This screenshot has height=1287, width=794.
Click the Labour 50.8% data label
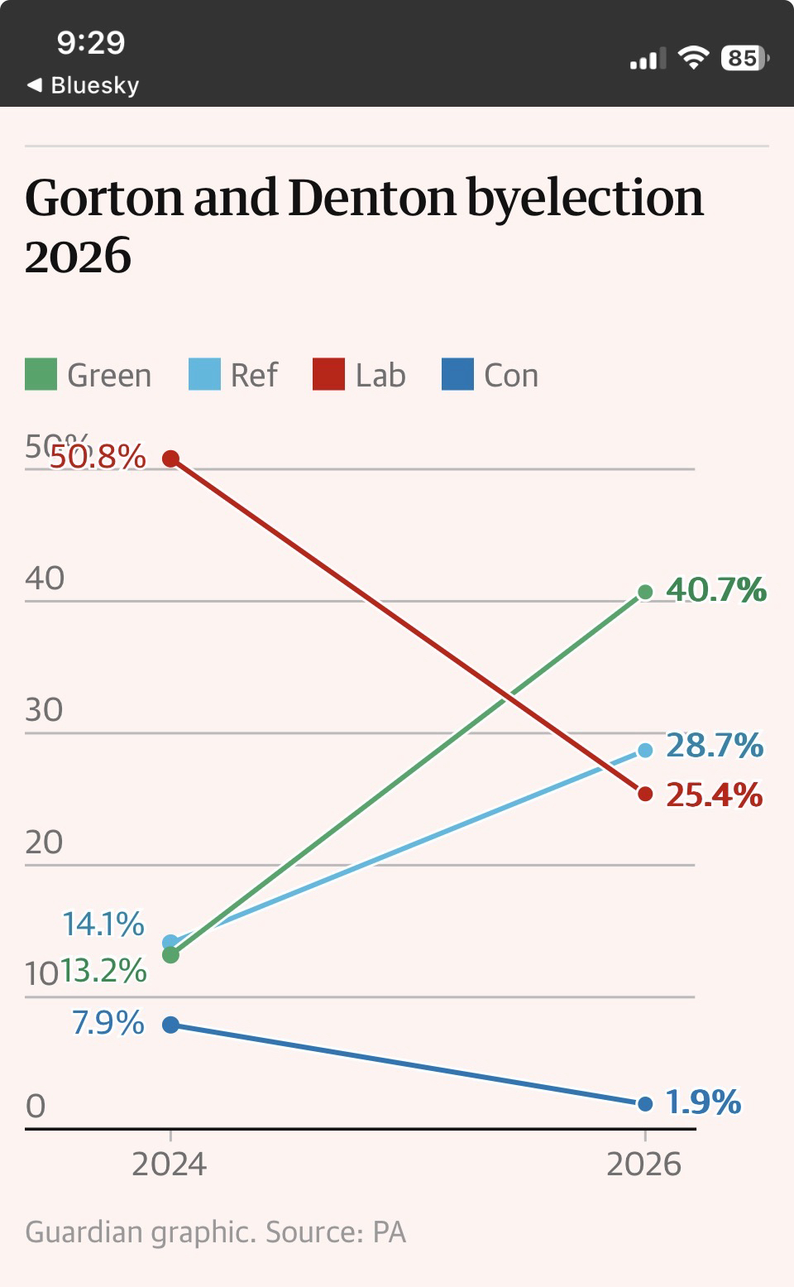point(98,457)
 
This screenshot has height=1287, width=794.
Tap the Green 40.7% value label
point(716,590)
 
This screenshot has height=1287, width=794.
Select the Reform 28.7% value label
point(715,746)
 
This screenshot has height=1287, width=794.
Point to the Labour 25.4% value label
point(715,795)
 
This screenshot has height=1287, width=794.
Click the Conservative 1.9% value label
point(703,1102)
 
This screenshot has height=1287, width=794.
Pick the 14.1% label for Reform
point(103,924)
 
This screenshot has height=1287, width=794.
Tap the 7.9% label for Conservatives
point(108,1023)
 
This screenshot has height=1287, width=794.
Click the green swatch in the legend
point(41,374)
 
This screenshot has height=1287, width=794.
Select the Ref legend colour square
point(204,374)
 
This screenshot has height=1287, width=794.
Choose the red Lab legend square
point(328,374)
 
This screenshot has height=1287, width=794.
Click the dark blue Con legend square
point(457,374)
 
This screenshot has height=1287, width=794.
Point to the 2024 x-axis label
point(170,1165)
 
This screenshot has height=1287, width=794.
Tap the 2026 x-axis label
point(644,1165)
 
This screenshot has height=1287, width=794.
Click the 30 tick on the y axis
point(44,710)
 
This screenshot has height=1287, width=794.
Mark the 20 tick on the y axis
point(44,843)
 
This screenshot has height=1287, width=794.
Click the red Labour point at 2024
point(170,459)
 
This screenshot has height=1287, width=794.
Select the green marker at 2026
point(645,592)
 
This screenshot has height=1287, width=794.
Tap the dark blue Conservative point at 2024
point(170,1025)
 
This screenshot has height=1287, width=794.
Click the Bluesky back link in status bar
point(84,85)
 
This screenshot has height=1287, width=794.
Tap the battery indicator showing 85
point(744,58)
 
